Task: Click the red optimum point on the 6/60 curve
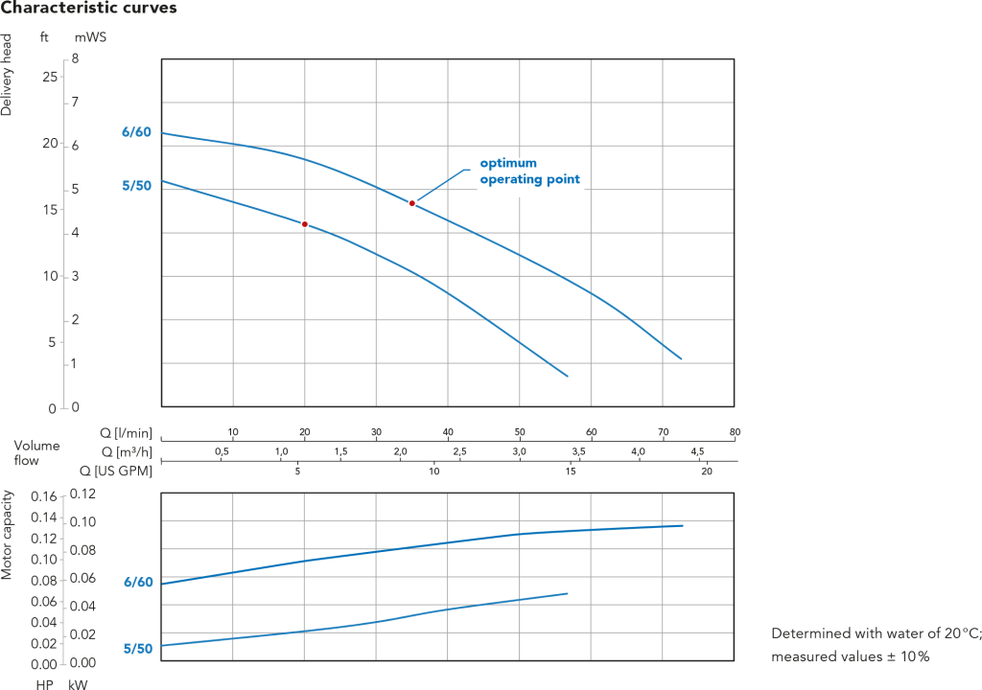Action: pos(412,203)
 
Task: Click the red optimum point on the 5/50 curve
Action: pos(305,224)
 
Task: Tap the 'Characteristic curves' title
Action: pos(89,8)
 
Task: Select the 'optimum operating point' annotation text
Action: pos(529,171)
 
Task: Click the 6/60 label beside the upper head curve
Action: pos(136,132)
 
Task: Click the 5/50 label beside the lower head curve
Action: pos(136,186)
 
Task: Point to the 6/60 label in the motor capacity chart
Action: pos(138,583)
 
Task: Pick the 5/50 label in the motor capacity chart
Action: pos(138,649)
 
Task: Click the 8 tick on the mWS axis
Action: pos(75,58)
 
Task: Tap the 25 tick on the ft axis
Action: pos(50,77)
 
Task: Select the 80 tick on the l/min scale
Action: pos(735,432)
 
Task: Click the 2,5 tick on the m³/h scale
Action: pos(459,451)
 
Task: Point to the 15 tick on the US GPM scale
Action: pos(571,471)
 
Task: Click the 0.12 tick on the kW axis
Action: pos(82,494)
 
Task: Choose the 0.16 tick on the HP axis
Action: pos(44,497)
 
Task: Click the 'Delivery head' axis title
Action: pos(7,75)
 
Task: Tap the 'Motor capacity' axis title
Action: pos(7,536)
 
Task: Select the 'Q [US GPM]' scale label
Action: pos(116,471)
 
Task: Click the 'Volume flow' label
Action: pos(36,452)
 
